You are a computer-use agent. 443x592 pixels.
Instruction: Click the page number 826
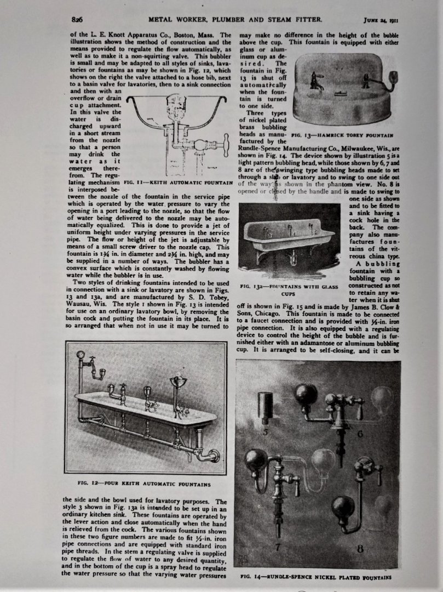pos(77,20)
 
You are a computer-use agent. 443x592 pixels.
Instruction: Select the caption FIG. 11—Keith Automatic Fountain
pos(179,181)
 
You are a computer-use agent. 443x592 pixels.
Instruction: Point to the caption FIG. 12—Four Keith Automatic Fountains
pos(144,484)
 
